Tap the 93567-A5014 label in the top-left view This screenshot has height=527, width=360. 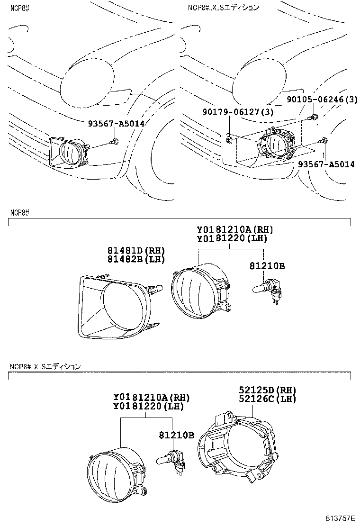116,123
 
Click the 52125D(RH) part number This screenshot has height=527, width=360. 267,390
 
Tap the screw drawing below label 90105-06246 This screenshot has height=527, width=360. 313,117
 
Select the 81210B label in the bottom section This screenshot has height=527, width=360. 176,434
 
